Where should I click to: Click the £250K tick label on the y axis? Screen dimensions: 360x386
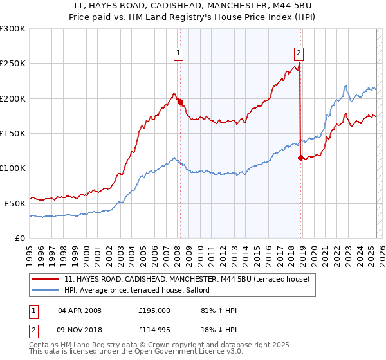[13, 64]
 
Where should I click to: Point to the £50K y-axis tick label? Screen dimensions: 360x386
[15, 203]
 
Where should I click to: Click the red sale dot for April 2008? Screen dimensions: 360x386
[180, 102]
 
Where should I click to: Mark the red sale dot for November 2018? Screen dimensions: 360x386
[300, 157]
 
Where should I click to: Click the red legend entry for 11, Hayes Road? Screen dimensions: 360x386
[187, 279]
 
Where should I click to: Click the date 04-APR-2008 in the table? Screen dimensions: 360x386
[80, 310]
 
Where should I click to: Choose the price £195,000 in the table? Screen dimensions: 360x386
[154, 310]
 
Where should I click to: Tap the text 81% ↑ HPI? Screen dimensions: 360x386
[219, 310]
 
